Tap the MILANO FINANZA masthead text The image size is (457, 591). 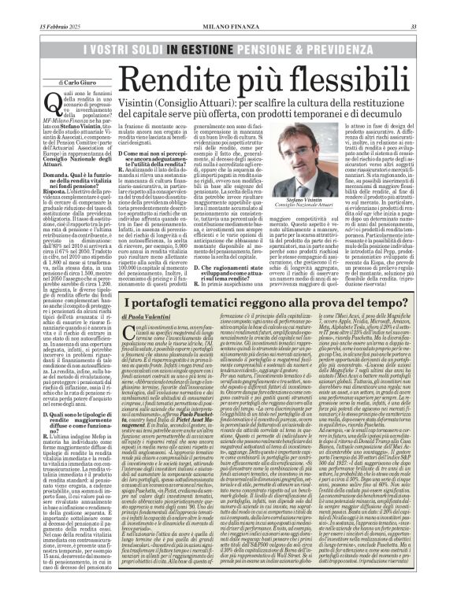tap(228, 7)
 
